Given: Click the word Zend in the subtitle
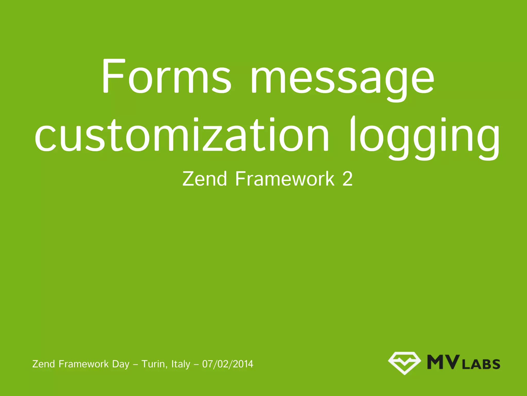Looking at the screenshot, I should (x=205, y=179).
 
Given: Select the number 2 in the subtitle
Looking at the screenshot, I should (x=347, y=179).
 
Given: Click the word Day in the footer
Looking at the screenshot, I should (x=121, y=364).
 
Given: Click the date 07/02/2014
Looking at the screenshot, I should (x=228, y=364).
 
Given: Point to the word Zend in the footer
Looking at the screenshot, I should (x=43, y=364).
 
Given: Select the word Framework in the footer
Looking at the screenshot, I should (x=84, y=364).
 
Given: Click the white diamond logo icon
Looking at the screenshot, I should (x=404, y=362).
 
